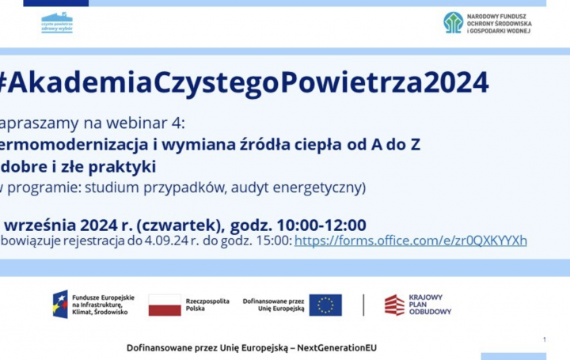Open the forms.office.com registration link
(x=410, y=241)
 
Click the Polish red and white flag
(x=165, y=305)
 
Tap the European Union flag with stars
(x=325, y=305)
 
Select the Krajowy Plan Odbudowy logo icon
(x=394, y=305)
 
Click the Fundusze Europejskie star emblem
(x=60, y=305)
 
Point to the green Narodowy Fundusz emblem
(x=454, y=22)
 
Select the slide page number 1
(x=545, y=339)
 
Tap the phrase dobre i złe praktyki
(x=78, y=166)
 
